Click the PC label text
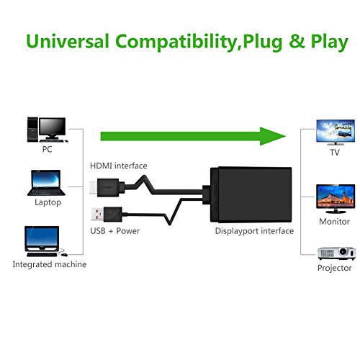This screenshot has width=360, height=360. pos(48,150)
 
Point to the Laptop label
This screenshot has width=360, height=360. pos(47,202)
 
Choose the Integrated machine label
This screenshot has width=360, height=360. pos(49,264)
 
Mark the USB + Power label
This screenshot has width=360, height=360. pos(114,211)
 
